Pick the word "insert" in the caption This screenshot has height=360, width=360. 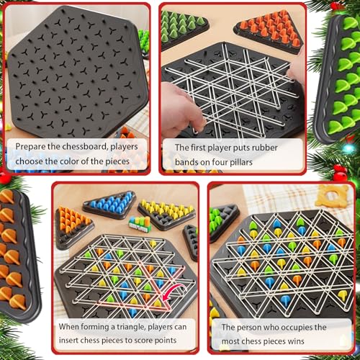(x=74, y=341)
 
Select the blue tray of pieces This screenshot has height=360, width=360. (x=109, y=204)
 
